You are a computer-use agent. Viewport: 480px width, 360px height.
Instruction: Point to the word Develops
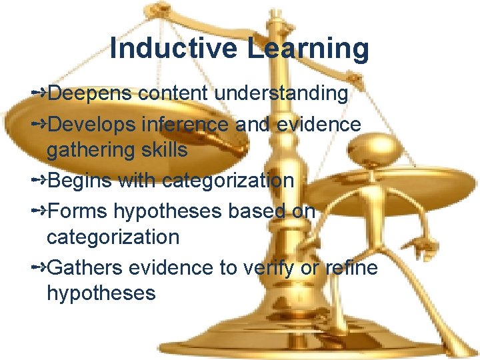pyautogui.click(x=93, y=124)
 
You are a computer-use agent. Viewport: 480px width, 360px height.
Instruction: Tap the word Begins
pyautogui.click(x=82, y=180)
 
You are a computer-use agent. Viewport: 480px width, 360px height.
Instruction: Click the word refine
pyautogui.click(x=352, y=267)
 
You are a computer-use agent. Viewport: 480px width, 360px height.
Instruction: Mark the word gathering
pyautogui.click(x=90, y=151)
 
